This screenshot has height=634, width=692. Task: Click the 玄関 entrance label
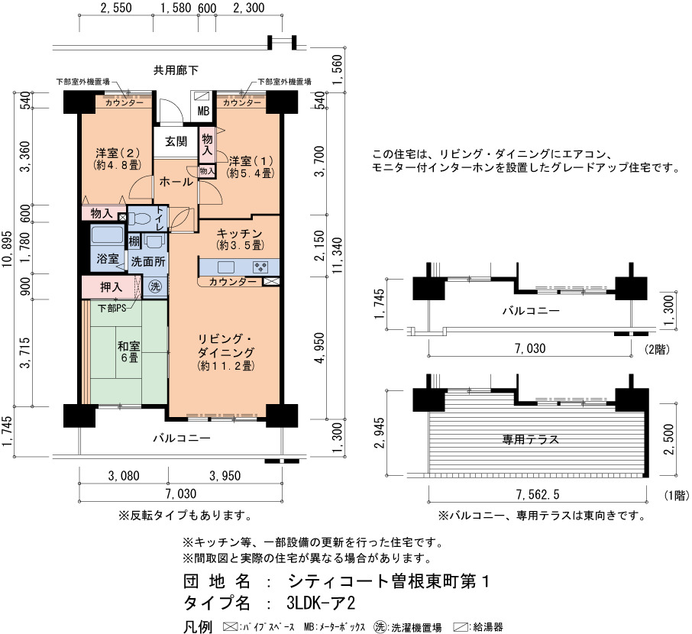176,142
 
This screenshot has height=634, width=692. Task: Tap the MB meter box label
203,111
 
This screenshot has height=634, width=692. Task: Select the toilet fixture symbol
140,219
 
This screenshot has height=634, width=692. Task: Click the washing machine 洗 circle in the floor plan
155,286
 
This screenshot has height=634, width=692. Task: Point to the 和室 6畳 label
129,351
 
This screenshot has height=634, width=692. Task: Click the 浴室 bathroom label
108,259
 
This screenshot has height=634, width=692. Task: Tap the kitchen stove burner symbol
260,267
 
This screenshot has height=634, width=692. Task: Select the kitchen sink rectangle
225,267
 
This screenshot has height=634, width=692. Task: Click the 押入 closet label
111,287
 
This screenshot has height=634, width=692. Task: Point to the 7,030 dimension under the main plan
181,493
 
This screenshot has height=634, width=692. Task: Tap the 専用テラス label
531,439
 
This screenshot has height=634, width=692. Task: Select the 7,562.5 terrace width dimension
538,494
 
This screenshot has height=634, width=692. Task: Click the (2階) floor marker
657,350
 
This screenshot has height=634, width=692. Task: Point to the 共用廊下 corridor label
176,70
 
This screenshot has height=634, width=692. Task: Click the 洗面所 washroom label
148,262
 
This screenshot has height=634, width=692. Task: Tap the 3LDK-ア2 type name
321,603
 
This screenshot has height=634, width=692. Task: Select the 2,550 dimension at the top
116,8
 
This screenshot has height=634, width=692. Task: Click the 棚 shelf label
134,241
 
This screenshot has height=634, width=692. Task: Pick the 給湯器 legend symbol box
461,627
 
